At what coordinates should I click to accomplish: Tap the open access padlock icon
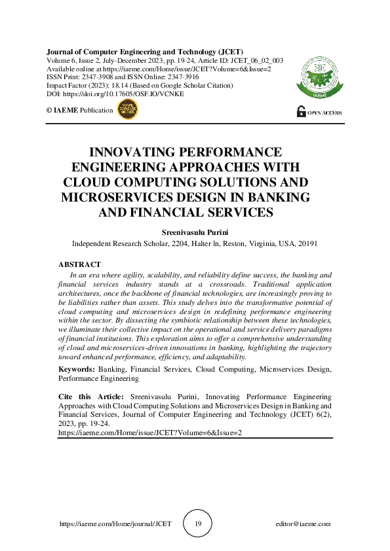coord(301,111)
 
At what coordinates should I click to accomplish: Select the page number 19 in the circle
coord(198,524)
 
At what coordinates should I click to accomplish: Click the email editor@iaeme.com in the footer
coord(303,524)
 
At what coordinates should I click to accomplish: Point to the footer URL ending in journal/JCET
coord(115,524)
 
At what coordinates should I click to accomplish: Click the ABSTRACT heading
coord(79,264)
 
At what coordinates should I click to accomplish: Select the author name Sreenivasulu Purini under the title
coord(195,232)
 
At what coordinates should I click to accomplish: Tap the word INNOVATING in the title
coord(142,152)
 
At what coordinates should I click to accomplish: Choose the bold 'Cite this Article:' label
coord(91,397)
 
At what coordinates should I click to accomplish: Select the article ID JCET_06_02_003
coord(255,60)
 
